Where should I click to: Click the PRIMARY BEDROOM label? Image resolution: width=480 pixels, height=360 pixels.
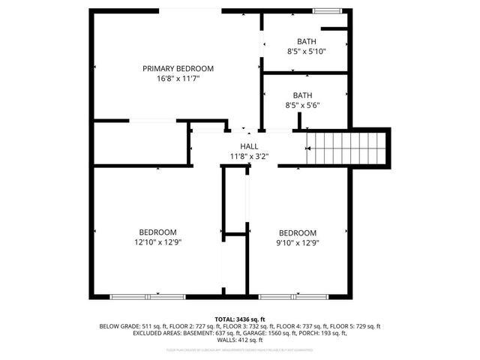coord(173,68)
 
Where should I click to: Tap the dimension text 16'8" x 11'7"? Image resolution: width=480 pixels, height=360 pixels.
coord(173,77)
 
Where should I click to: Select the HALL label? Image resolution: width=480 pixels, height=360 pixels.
coord(249,146)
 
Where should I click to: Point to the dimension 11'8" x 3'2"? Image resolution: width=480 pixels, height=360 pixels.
coord(249,156)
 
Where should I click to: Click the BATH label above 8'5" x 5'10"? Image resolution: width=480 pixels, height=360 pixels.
coord(306,42)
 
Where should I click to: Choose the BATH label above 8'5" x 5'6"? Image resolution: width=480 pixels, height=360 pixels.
coord(302,95)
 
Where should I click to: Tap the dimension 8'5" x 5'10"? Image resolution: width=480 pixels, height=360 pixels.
coord(306,52)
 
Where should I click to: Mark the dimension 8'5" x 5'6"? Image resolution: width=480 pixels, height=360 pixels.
coord(302,105)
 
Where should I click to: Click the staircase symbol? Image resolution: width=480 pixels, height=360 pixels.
coord(346,146)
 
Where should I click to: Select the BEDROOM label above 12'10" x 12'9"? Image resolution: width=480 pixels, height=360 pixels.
coord(157,232)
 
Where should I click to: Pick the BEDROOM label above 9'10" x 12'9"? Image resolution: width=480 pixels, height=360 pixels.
coord(298,232)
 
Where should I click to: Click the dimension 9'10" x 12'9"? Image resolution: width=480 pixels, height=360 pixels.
coord(298,242)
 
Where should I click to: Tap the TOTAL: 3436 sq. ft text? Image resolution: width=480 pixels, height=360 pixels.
coord(240,319)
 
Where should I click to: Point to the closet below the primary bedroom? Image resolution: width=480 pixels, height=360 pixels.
coord(139,142)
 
